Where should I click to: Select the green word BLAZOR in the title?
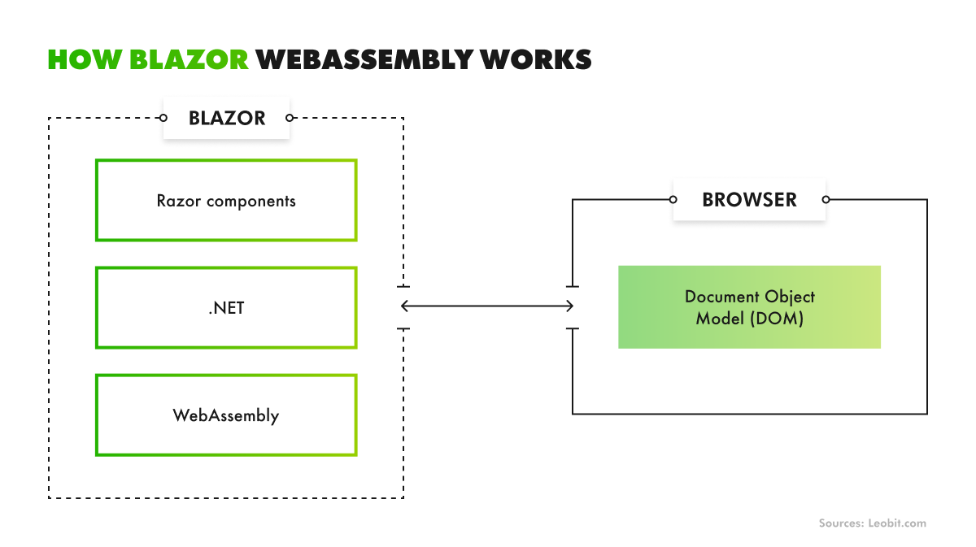tap(190, 59)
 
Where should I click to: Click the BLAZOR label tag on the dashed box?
tap(227, 118)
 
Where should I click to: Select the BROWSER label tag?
tap(749, 199)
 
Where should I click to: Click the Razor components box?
tap(226, 200)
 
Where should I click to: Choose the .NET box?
tap(226, 308)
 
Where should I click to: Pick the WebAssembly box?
tap(226, 415)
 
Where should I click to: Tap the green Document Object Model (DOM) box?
tap(749, 307)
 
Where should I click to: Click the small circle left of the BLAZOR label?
tap(163, 118)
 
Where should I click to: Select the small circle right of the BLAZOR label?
tap(290, 118)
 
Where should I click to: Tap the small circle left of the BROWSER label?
tap(673, 199)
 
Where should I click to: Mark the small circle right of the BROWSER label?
tap(826, 199)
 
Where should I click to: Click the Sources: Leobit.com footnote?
tap(872, 523)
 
